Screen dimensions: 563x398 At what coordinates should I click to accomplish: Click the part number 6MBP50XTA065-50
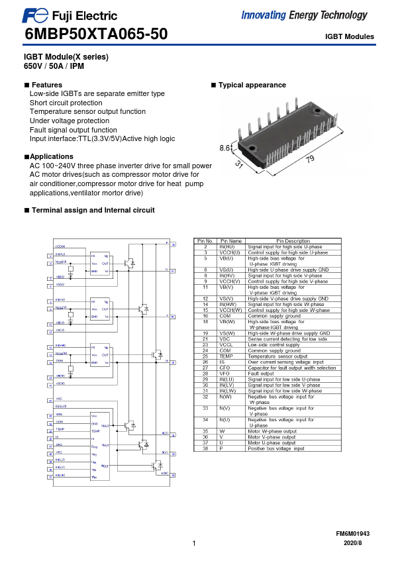point(96,34)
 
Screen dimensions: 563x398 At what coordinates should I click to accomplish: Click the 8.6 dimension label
point(226,148)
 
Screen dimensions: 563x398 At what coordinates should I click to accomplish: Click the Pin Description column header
point(293,241)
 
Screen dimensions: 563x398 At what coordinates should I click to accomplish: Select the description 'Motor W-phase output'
point(272,431)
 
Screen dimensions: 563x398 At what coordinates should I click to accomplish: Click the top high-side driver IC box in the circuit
point(100,263)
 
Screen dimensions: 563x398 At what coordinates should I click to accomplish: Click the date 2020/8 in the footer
point(353,543)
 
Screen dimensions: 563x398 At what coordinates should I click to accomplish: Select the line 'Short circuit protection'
point(66,103)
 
